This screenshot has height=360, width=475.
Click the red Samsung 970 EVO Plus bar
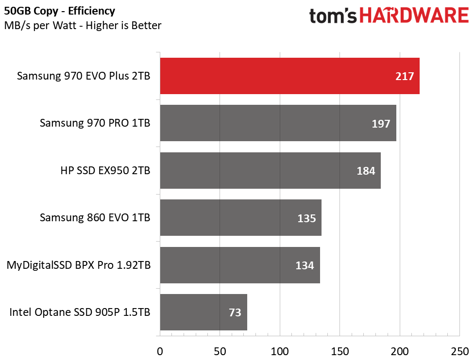[289, 76]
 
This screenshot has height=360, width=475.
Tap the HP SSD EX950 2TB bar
[270, 170]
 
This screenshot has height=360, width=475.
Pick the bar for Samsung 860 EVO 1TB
[240, 218]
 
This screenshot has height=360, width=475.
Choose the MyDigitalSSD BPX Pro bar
[240, 265]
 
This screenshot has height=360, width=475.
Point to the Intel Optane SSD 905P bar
[204, 312]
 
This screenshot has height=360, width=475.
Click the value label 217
[405, 76]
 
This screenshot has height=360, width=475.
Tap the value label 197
[381, 124]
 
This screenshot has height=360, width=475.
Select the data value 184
[366, 171]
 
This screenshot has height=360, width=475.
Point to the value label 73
[235, 313]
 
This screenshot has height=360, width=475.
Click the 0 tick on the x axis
[160, 350]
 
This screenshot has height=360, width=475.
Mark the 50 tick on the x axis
[220, 350]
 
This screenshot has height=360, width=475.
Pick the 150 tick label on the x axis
[339, 350]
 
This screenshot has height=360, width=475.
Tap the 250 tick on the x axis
[459, 350]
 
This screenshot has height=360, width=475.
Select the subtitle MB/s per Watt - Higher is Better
[83, 25]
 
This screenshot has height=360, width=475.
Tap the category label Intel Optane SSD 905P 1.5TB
[80, 312]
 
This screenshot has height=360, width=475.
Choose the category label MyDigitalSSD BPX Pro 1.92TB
[78, 265]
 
